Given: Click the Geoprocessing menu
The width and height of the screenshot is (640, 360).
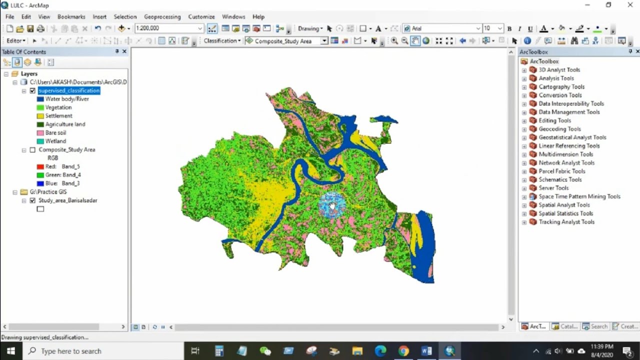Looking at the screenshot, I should tap(162, 16).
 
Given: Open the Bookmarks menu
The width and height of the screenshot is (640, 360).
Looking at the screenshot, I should tap(71, 16).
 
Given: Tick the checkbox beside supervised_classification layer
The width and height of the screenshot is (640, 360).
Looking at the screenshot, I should tap(32, 90).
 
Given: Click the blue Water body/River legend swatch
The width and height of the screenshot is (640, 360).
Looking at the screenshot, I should tap(40, 99).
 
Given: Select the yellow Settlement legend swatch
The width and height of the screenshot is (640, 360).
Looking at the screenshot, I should tap(40, 116).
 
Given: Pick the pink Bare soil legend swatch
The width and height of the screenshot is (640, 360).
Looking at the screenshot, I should tap(40, 133).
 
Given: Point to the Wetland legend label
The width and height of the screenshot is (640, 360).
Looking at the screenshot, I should tap(55, 141).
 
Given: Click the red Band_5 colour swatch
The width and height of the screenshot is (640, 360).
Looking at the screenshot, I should tap(40, 166).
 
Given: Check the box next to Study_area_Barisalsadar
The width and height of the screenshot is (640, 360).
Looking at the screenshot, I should tap(32, 200).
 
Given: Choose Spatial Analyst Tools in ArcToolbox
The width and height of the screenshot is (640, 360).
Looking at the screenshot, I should tap(564, 205).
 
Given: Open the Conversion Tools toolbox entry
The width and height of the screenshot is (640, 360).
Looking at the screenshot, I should tap(560, 95).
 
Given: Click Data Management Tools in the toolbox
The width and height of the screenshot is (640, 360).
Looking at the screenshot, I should tap(569, 112).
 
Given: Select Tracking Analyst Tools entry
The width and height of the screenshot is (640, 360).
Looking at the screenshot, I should tap(566, 222).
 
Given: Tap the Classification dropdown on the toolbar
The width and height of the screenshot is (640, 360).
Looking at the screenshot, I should tap(222, 41).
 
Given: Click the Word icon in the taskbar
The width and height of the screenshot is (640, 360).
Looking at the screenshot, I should tap(426, 351).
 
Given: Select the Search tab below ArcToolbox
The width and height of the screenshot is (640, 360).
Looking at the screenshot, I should tap(595, 326).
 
